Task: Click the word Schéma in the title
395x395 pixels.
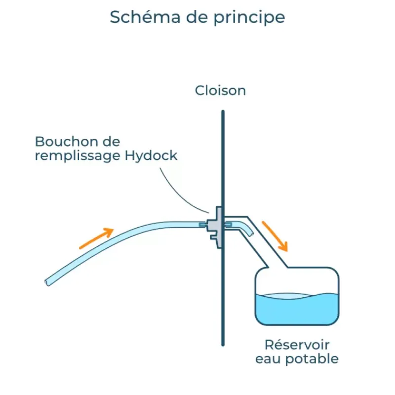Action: tap(145, 17)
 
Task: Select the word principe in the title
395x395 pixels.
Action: tap(249, 18)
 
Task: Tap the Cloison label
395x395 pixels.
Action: tap(220, 90)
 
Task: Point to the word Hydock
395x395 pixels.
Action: tap(151, 155)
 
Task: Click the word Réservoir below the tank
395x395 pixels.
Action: tap(297, 345)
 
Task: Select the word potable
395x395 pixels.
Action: tap(312, 359)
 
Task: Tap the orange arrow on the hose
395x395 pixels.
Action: tap(96, 238)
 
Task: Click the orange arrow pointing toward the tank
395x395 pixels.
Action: tap(275, 236)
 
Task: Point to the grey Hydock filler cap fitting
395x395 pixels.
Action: tap(215, 227)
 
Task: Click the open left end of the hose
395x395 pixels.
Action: tap(47, 282)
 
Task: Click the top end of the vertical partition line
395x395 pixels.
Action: tap(223, 111)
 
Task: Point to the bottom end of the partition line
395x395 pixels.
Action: tap(223, 345)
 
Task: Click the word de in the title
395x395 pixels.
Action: tap(197, 17)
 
